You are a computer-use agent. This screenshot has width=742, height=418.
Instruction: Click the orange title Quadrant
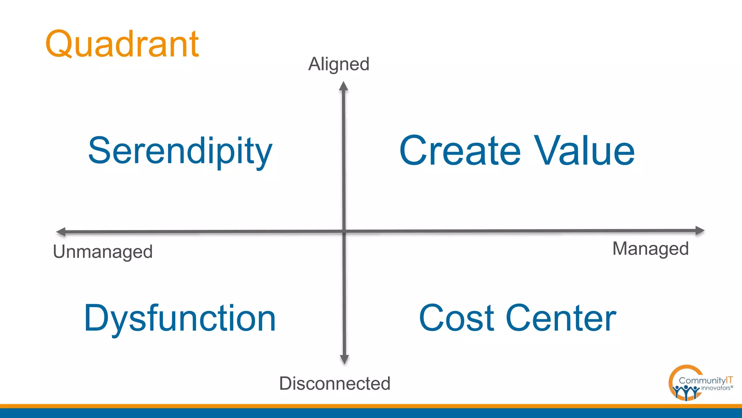click(x=122, y=44)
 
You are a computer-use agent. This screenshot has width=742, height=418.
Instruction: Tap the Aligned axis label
click(x=339, y=64)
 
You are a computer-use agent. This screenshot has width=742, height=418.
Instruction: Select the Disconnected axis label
click(x=335, y=384)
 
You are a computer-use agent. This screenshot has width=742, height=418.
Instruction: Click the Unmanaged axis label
click(x=103, y=252)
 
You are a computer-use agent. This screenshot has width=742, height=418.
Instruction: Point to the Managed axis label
click(x=650, y=249)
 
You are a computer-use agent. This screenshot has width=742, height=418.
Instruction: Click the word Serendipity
click(x=180, y=151)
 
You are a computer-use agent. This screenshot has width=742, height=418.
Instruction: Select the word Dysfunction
click(x=180, y=318)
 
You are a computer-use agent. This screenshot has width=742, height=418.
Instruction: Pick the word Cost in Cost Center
click(x=457, y=318)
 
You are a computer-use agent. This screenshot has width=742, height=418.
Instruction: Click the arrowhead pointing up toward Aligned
click(x=343, y=86)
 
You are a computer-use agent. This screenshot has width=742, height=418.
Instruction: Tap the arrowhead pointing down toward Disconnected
click(x=344, y=359)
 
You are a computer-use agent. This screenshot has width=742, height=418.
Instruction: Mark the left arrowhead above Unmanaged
click(x=61, y=232)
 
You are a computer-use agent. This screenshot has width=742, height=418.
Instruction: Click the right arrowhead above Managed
click(x=700, y=230)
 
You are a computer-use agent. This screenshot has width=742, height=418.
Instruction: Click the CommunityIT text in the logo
click(x=705, y=380)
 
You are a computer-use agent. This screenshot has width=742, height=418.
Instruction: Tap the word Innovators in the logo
click(x=716, y=388)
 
